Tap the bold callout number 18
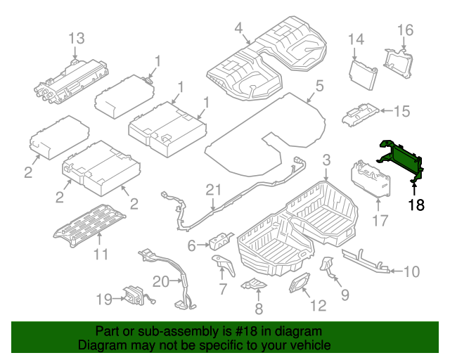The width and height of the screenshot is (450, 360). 416,205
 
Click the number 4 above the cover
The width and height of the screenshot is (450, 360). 238,28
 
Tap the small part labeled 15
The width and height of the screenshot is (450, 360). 361,113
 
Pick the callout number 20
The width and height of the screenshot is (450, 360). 160,281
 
